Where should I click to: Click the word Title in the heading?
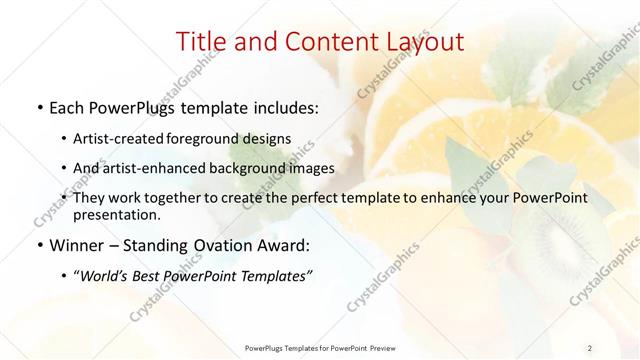[x=201, y=42]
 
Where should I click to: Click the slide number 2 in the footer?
[x=590, y=348]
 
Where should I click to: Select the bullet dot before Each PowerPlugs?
[x=39, y=105]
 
